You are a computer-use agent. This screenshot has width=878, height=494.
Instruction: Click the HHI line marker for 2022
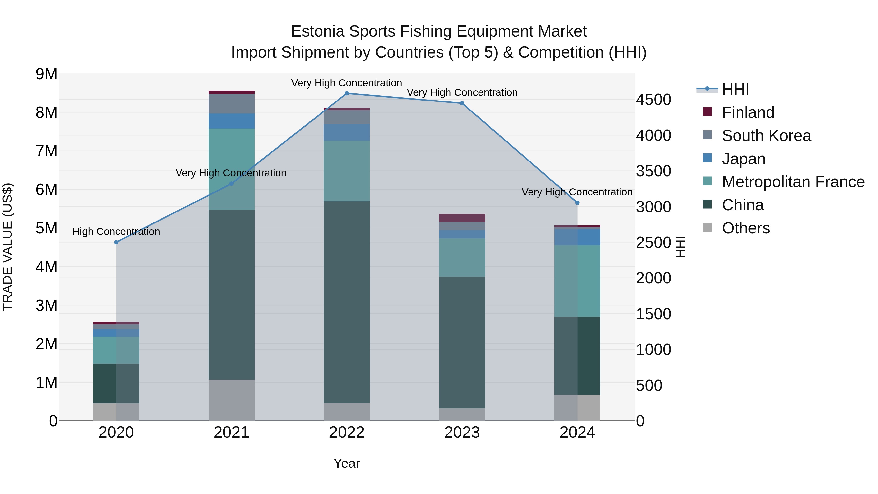(x=347, y=93)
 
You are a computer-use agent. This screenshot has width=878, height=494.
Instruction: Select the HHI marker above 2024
(x=577, y=203)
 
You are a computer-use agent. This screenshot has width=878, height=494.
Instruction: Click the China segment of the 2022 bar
(x=347, y=302)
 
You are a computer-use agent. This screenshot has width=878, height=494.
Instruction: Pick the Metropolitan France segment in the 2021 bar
(x=231, y=169)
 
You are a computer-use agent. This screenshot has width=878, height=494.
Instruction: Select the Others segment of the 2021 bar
(x=231, y=400)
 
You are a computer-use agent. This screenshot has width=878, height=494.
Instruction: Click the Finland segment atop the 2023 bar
(x=462, y=218)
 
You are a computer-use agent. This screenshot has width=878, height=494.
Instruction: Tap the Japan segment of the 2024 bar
(x=577, y=237)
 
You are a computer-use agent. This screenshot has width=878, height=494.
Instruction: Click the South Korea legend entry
(x=766, y=136)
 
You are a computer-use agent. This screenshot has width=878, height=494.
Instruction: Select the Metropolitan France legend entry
(x=793, y=182)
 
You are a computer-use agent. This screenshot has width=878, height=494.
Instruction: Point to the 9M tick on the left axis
(x=47, y=74)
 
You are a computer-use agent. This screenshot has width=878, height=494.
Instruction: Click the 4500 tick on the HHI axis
(x=653, y=100)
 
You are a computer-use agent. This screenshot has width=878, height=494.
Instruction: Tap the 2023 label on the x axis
(x=462, y=433)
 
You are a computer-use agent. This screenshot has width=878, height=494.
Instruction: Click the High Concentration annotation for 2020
(x=116, y=232)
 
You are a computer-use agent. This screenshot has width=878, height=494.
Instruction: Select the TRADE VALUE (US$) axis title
(x=8, y=247)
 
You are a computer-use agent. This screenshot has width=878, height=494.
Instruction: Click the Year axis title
(x=347, y=463)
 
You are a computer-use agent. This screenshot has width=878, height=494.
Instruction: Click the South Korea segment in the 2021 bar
(x=231, y=104)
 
